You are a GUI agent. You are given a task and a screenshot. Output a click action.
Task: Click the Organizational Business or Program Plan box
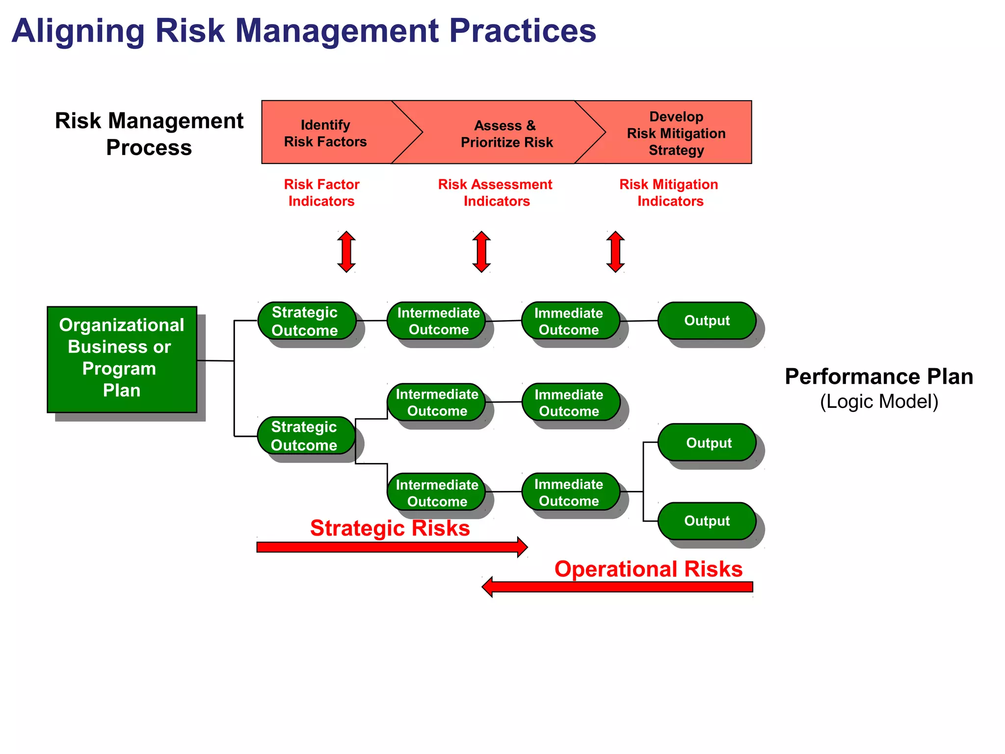pyautogui.click(x=122, y=359)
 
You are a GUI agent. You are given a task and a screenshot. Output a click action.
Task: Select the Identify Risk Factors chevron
pyautogui.click(x=326, y=133)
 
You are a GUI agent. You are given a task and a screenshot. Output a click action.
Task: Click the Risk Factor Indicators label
pyautogui.click(x=321, y=192)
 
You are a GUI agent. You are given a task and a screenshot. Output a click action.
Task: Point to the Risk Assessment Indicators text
pyautogui.click(x=495, y=192)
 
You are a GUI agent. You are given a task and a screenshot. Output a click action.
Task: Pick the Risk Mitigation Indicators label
pyautogui.click(x=669, y=192)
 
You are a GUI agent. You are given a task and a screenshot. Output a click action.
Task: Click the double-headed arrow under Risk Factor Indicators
pyautogui.click(x=346, y=251)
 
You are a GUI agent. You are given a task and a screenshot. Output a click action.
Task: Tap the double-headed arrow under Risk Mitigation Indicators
pyautogui.click(x=615, y=251)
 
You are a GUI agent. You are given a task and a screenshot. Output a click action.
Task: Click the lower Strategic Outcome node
pyautogui.click(x=305, y=435)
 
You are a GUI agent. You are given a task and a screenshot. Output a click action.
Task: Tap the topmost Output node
pyautogui.click(x=707, y=321)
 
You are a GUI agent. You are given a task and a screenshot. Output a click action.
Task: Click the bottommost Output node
pyautogui.click(x=707, y=521)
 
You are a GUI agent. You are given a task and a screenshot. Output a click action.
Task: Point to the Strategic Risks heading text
pyautogui.click(x=390, y=528)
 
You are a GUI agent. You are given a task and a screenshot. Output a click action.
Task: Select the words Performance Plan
pyautogui.click(x=878, y=377)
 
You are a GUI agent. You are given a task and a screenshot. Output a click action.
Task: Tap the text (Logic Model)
pyautogui.click(x=878, y=402)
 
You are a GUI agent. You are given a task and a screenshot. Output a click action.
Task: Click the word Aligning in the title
pyautogui.click(x=79, y=30)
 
